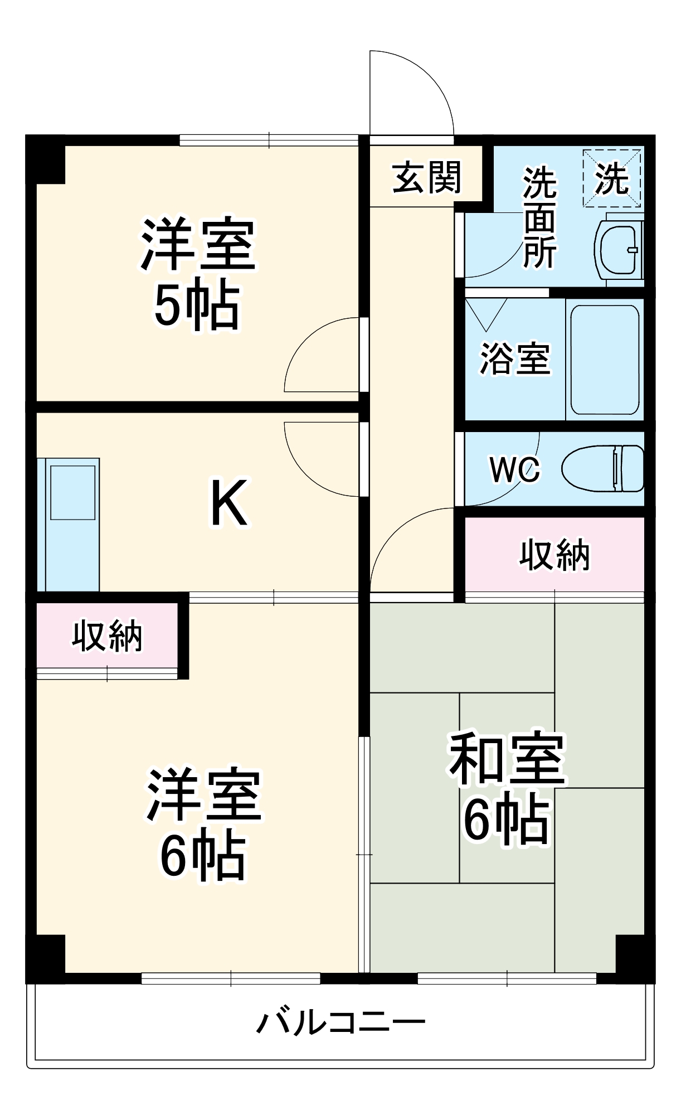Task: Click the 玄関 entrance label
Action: pyautogui.click(x=427, y=178)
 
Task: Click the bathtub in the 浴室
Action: pyautogui.click(x=605, y=360)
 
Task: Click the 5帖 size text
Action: pyautogui.click(x=196, y=306)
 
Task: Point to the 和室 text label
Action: pyautogui.click(x=507, y=759)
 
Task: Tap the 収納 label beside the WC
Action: pyautogui.click(x=554, y=555)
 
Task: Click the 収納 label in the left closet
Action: pyautogui.click(x=107, y=636)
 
